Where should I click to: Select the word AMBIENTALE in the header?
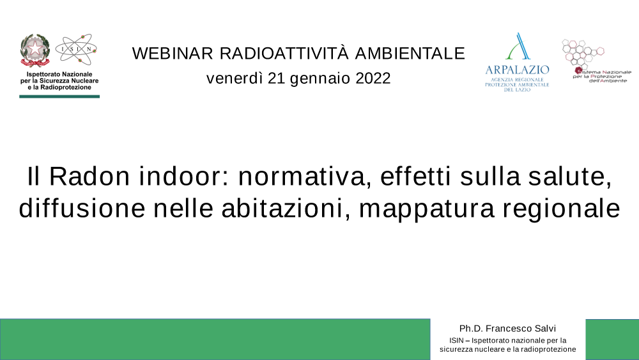[x=410, y=54]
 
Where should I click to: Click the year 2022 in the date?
[x=373, y=78]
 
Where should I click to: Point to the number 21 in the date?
[x=276, y=78]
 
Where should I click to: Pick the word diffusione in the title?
[x=82, y=208]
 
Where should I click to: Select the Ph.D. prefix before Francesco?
[x=471, y=329]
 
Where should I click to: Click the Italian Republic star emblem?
[x=35, y=50]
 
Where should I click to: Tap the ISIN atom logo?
[x=76, y=49]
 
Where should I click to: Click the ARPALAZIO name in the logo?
[x=517, y=70]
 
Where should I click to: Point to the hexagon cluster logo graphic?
[x=582, y=52]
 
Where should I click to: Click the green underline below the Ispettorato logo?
[x=59, y=97]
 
